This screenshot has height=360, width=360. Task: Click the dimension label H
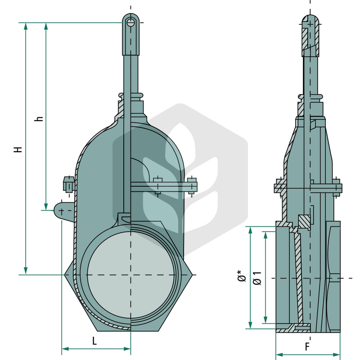(18, 149)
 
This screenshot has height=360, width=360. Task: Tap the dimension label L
(94, 341)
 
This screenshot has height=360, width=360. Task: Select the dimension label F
(307, 346)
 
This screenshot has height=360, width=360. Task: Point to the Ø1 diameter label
(257, 278)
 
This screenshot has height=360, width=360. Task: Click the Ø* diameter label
(242, 276)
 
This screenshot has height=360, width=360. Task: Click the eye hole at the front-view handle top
(130, 22)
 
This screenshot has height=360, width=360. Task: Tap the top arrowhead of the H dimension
(26, 27)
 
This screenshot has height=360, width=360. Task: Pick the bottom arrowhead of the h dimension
(46, 206)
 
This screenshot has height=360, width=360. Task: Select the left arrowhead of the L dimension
(65, 349)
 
